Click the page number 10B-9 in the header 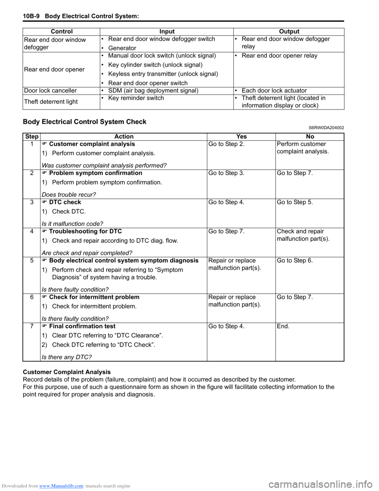[31, 16]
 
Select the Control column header [62, 32]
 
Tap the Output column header [289, 32]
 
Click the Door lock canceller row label [51, 91]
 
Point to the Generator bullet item [122, 48]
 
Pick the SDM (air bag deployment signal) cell [153, 91]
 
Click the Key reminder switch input [136, 98]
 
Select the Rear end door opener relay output [279, 56]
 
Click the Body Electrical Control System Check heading [84, 122]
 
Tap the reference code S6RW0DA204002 [323, 128]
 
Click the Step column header [32, 137]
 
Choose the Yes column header [241, 137]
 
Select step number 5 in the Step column [32, 261]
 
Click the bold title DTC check [65, 202]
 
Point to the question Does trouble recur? [69, 195]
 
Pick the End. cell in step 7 [283, 326]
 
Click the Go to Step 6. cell [295, 261]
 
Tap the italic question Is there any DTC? [66, 357]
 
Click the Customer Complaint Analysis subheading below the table [67, 372]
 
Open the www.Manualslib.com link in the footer [61, 486]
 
